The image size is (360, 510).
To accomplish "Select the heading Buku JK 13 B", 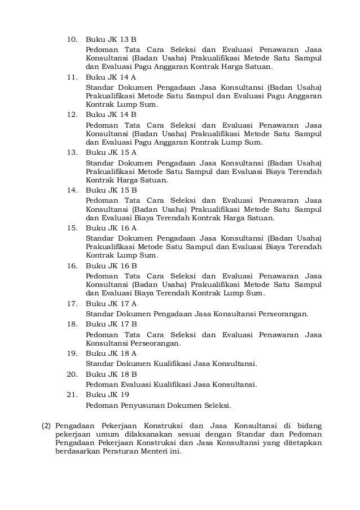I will [111, 40].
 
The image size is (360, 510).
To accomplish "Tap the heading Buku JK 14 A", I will [111, 77].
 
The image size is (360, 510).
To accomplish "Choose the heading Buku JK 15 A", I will [111, 152].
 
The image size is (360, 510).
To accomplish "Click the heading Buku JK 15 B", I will [111, 190].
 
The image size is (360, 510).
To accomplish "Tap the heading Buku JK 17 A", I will [111, 304].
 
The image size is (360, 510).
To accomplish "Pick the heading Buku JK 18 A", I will [111, 353].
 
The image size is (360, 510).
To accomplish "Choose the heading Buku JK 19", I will [107, 395].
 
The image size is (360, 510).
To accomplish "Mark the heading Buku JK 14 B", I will [111, 115].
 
